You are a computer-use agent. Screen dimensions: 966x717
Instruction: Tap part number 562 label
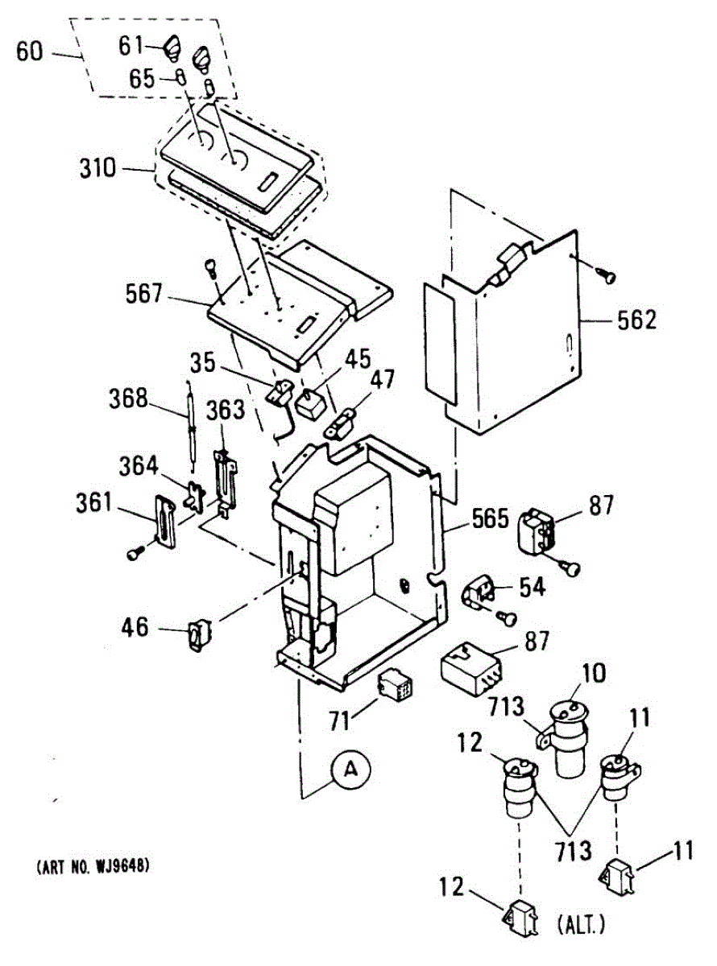point(637,320)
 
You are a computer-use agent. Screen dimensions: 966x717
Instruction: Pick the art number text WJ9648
point(93,867)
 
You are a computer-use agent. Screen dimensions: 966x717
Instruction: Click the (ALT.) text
point(580,927)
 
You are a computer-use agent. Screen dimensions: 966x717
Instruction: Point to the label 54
point(532,587)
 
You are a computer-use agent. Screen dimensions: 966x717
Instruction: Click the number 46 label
point(135,626)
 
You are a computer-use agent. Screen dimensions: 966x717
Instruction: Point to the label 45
point(358,357)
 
